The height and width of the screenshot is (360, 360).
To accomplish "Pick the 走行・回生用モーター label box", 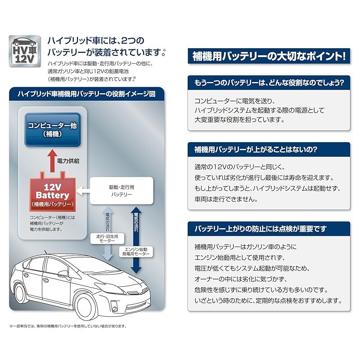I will click(x=107, y=238).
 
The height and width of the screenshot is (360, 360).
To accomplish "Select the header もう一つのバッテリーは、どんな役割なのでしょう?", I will click(x=269, y=83).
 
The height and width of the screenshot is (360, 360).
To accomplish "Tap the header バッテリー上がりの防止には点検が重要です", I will click(x=269, y=229).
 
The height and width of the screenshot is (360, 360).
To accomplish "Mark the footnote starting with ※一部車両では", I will click(x=67, y=326).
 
